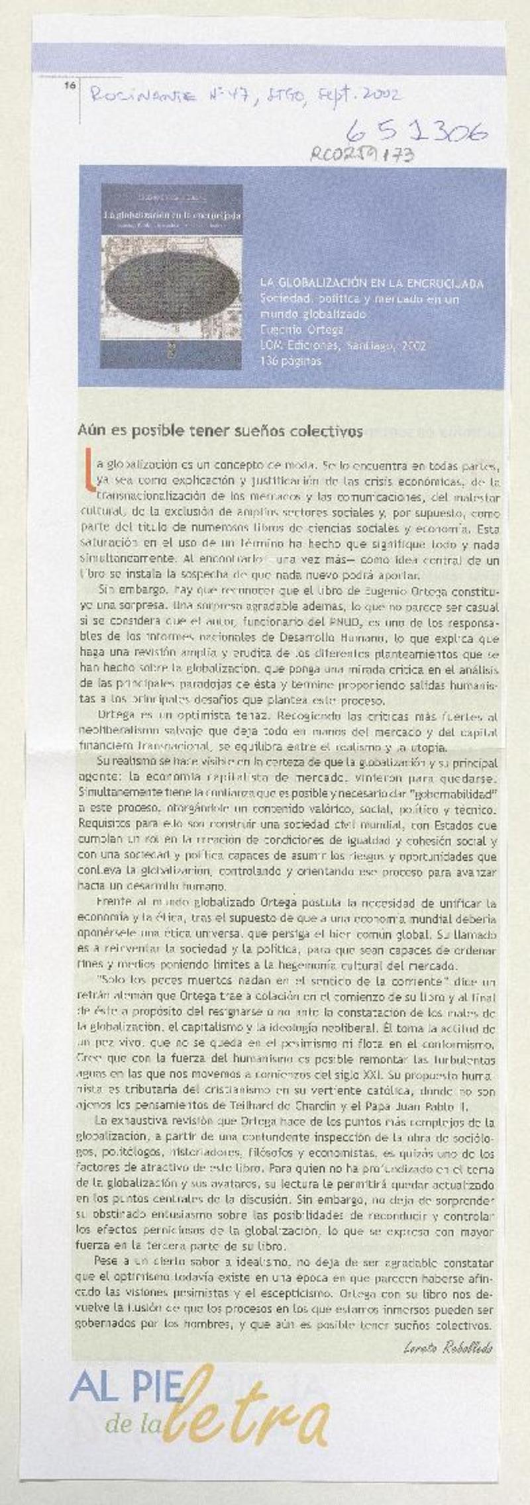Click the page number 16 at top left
[x=69, y=85]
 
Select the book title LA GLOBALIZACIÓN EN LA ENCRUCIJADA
[x=371, y=283]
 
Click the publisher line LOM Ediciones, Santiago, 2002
[x=343, y=346]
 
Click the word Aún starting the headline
[x=89, y=431]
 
